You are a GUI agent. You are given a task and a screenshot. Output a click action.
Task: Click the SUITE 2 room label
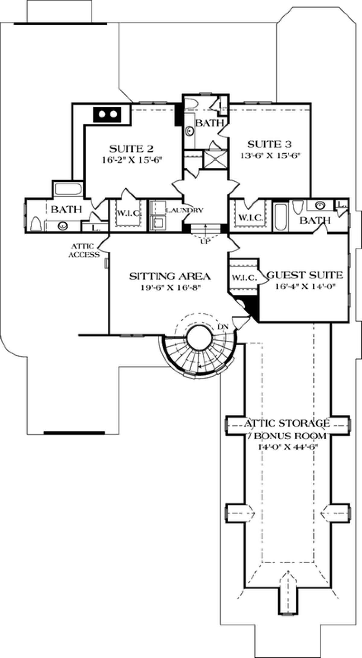point(131,149)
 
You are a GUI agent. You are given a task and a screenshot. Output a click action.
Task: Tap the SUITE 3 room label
point(269,145)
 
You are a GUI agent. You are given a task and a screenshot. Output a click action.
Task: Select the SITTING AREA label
point(170,276)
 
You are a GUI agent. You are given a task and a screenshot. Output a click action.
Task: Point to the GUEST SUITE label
point(305,275)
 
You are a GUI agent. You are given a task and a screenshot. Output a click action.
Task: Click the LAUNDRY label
point(184,210)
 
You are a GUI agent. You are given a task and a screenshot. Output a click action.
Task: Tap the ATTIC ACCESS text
point(84,250)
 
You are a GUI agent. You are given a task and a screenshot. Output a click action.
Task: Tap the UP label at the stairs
point(206,241)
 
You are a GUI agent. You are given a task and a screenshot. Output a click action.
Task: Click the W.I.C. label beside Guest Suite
point(244,278)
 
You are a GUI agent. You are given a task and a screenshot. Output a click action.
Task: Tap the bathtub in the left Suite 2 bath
point(68,190)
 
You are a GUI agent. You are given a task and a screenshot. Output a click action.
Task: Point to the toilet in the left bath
point(36,223)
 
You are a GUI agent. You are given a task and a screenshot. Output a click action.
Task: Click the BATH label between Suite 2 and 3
point(210,123)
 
